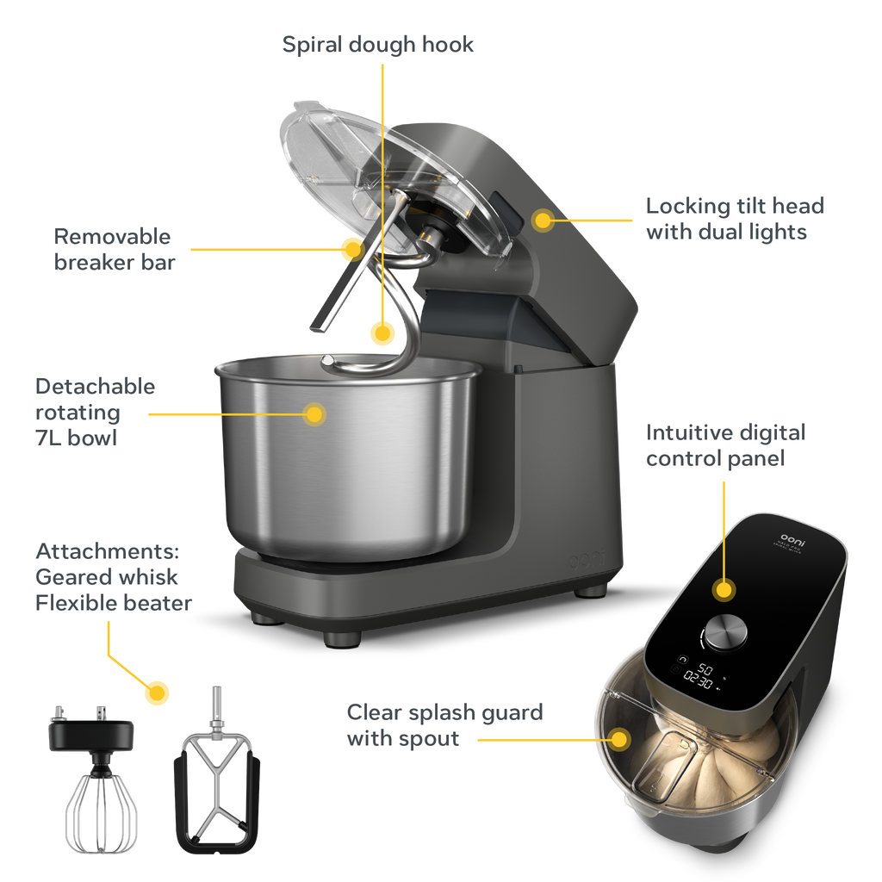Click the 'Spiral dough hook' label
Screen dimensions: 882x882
378,45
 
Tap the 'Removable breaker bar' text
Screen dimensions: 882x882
113,249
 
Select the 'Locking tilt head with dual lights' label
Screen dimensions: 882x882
735,219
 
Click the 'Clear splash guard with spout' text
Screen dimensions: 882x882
444,725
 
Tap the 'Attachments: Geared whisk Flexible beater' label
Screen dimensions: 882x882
113,577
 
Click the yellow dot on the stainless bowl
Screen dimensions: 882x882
315,414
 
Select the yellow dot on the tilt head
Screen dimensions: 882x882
542,220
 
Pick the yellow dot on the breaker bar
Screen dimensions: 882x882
350,249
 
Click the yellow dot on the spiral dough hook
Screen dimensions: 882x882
382,332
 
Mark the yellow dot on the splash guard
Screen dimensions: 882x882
618,738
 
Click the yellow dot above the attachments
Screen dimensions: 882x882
156,693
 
